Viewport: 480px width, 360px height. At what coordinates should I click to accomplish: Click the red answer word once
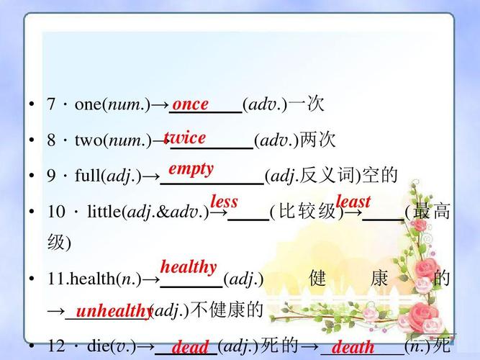(191, 104)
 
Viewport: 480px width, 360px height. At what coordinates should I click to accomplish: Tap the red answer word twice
(185, 138)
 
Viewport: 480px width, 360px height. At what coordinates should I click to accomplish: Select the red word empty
(191, 169)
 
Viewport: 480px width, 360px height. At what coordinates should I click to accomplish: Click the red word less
(224, 202)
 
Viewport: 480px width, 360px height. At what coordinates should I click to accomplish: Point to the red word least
(353, 202)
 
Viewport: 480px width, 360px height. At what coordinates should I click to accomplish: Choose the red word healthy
(189, 267)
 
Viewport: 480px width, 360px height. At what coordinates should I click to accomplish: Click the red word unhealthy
(113, 311)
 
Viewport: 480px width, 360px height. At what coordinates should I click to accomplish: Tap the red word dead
(190, 347)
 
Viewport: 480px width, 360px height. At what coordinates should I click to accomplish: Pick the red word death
(353, 347)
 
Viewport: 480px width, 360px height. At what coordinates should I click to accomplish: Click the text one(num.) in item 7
(112, 105)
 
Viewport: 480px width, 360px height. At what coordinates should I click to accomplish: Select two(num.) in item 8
(112, 140)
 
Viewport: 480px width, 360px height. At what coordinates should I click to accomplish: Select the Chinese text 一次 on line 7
(307, 105)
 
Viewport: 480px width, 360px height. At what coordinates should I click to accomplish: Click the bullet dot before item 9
(32, 176)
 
